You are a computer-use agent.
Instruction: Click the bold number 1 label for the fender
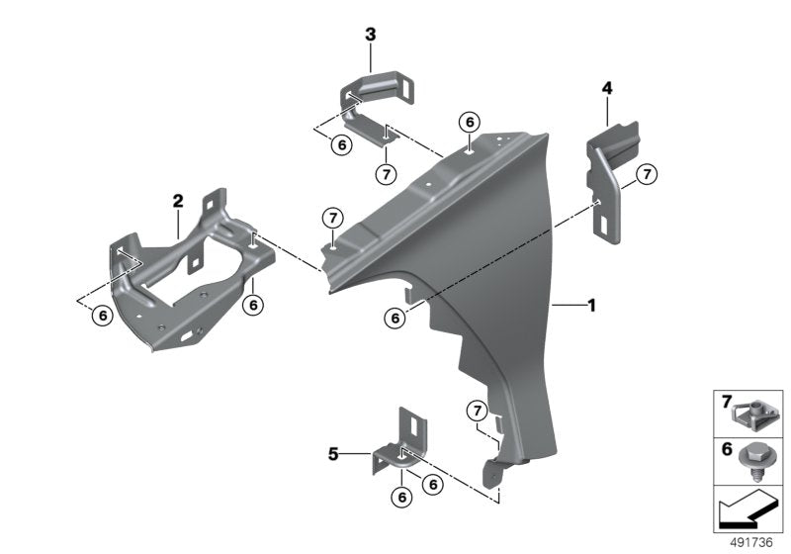pyautogui.click(x=591, y=308)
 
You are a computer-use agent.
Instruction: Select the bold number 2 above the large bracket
pyautogui.click(x=178, y=201)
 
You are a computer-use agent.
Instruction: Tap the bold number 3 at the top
pyautogui.click(x=370, y=35)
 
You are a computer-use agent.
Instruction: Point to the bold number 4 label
pyautogui.click(x=606, y=89)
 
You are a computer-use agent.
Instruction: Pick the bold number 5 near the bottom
pyautogui.click(x=333, y=454)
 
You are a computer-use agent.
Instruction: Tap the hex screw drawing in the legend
pyautogui.click(x=759, y=457)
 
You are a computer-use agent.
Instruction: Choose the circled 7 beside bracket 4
pyautogui.click(x=645, y=175)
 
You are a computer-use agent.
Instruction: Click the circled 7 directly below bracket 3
pyautogui.click(x=386, y=172)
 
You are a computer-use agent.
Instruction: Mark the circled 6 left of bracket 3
pyautogui.click(x=341, y=144)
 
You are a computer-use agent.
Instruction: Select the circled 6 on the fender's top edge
pyautogui.click(x=469, y=122)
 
